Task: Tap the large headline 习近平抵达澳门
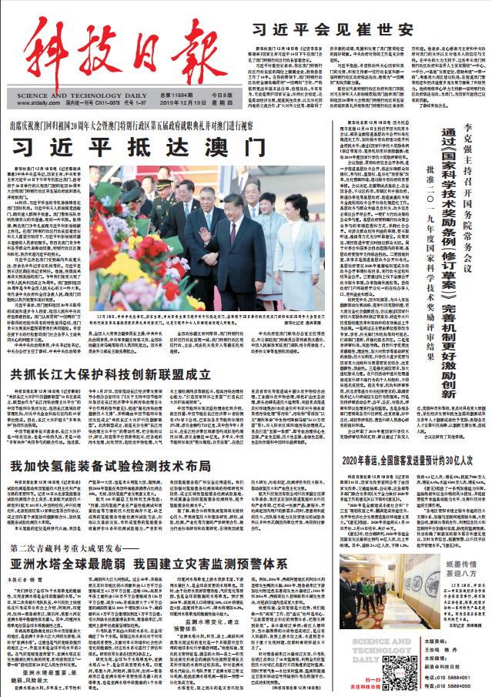click(108, 145)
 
